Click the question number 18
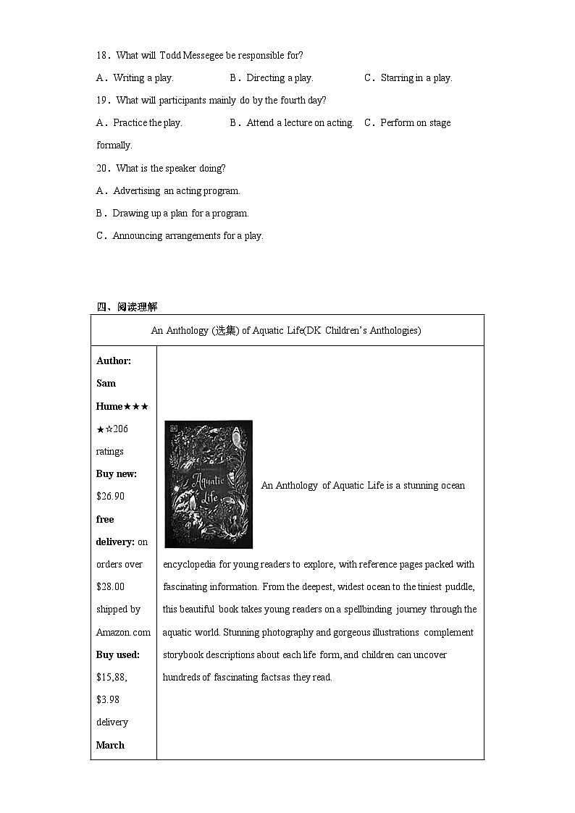[103, 56]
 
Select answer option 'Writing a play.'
[143, 78]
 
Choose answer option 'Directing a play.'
[279, 78]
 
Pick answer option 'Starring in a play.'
[416, 78]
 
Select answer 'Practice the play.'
[147, 123]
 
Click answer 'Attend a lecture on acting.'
[299, 123]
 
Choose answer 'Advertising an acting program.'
[176, 191]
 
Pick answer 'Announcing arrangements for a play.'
[188, 236]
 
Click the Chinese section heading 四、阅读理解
[127, 307]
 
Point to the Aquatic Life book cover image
[209, 484]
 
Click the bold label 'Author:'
[114, 361]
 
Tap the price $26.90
[110, 497]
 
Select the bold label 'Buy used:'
[117, 655]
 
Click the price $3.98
[108, 699]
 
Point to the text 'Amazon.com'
[123, 633]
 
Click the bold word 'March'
[110, 745]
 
